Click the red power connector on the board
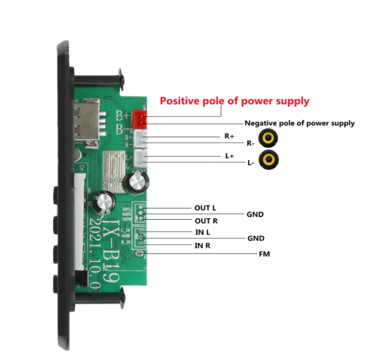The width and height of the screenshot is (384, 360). coord(139,117)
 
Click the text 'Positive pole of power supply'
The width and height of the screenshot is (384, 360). coord(235,101)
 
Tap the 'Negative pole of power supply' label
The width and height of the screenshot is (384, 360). coord(299,123)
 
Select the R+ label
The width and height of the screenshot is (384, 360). coord(229,136)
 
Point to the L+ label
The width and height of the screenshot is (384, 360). coord(229,156)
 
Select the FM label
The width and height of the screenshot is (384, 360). coord(264,254)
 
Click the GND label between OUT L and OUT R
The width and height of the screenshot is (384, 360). coord(255,214)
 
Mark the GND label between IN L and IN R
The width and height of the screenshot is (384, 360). coord(256,238)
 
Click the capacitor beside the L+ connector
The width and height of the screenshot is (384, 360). coord(135,182)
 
